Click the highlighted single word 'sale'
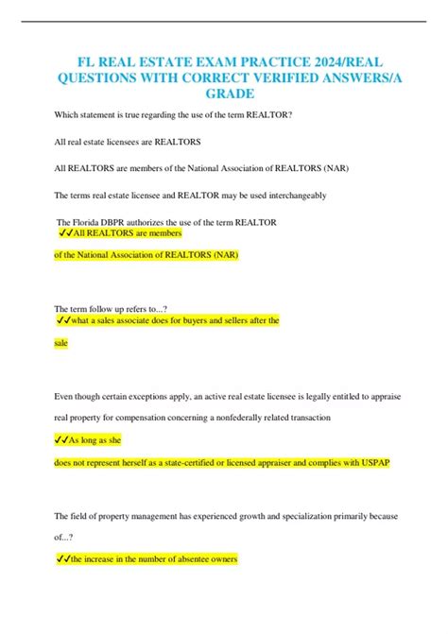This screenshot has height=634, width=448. tap(63, 346)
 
